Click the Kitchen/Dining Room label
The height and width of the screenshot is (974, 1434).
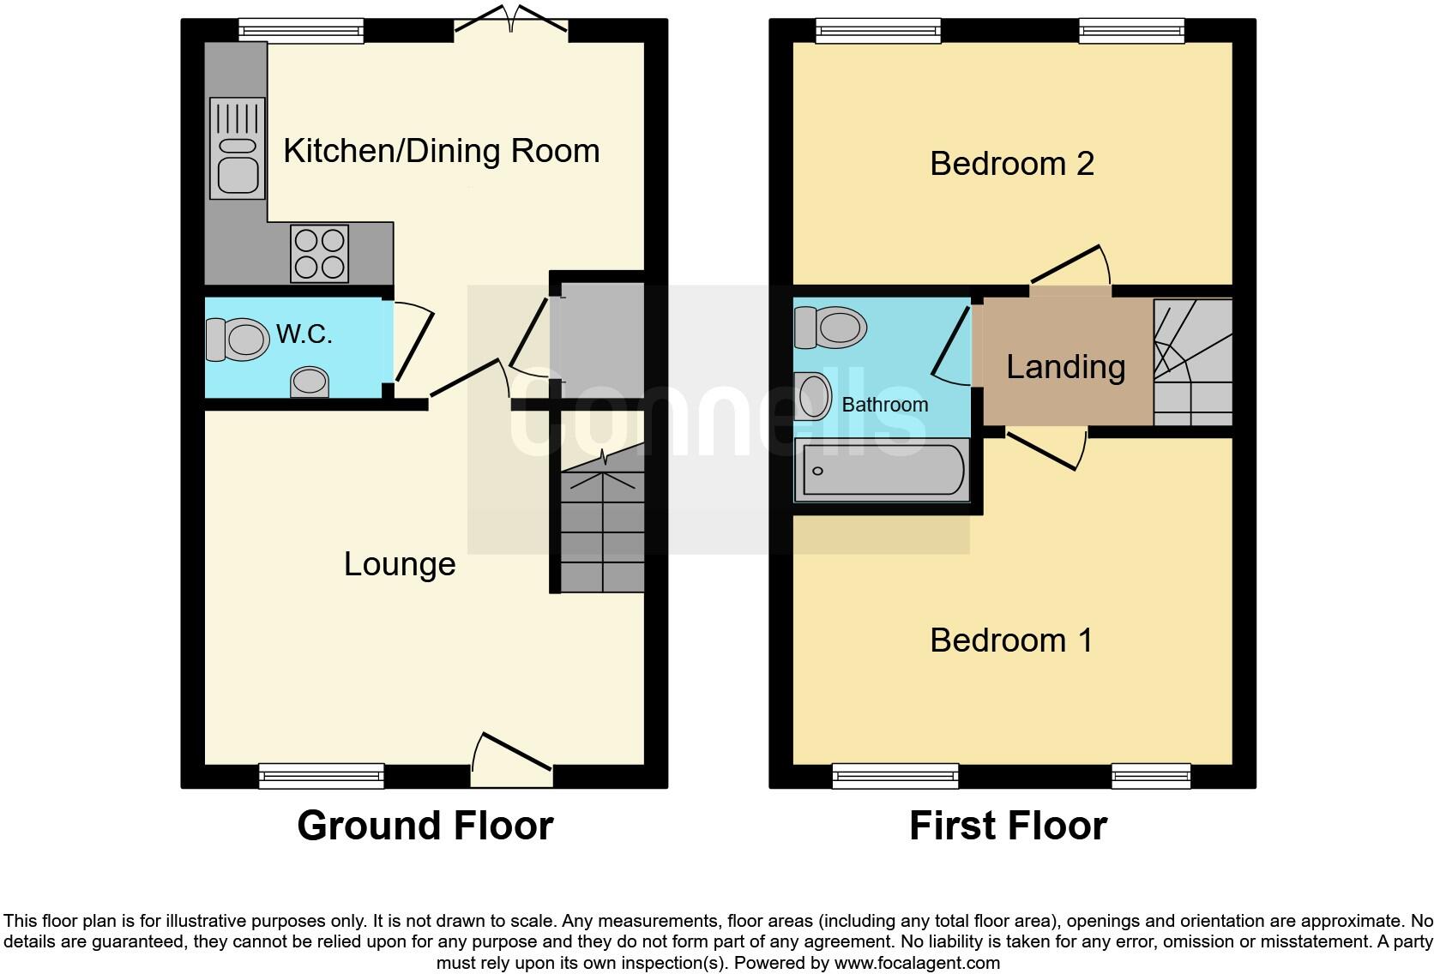click(x=441, y=151)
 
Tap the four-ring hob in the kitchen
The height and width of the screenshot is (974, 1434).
click(x=320, y=253)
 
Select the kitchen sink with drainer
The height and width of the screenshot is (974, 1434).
click(x=237, y=147)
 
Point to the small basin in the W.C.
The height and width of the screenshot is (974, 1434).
click(x=310, y=382)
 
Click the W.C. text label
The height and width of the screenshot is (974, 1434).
click(x=304, y=334)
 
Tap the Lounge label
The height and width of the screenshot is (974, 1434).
click(x=400, y=564)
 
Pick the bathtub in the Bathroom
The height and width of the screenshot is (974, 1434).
click(x=882, y=470)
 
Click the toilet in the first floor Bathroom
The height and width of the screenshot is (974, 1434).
click(x=829, y=327)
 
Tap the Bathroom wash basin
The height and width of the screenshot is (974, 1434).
click(x=814, y=396)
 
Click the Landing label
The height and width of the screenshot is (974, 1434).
click(x=1065, y=367)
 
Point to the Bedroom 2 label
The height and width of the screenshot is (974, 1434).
click(x=1012, y=164)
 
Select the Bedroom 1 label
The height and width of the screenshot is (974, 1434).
click(x=1012, y=640)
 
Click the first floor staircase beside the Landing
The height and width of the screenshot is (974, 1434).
click(x=1193, y=363)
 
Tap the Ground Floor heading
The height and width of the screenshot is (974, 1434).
click(x=425, y=826)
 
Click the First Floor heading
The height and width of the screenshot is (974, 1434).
click(x=1008, y=826)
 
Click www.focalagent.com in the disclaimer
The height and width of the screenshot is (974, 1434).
click(x=916, y=963)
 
